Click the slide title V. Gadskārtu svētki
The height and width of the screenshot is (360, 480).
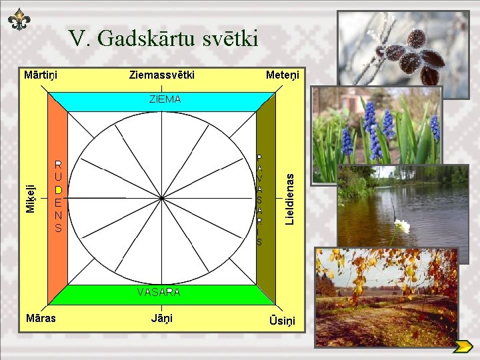pyautogui.click(x=163, y=39)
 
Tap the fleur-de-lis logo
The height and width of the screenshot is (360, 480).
pyautogui.click(x=19, y=21)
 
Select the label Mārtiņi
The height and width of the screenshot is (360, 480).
pyautogui.click(x=41, y=75)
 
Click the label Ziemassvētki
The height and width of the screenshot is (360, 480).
pyautogui.click(x=162, y=75)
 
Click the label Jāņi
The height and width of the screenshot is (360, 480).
pyautogui.click(x=161, y=318)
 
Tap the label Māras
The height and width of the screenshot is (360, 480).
pyautogui.click(x=41, y=318)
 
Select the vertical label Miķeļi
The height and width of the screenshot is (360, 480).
pyautogui.click(x=31, y=198)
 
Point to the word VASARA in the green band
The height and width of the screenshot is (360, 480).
pyautogui.click(x=159, y=292)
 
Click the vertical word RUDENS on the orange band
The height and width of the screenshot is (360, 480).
pyautogui.click(x=59, y=196)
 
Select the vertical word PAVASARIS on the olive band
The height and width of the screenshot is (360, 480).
pyautogui.click(x=259, y=199)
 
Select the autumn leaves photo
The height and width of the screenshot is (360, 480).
pyautogui.click(x=386, y=297)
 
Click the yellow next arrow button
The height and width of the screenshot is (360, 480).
pyautogui.click(x=462, y=346)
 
